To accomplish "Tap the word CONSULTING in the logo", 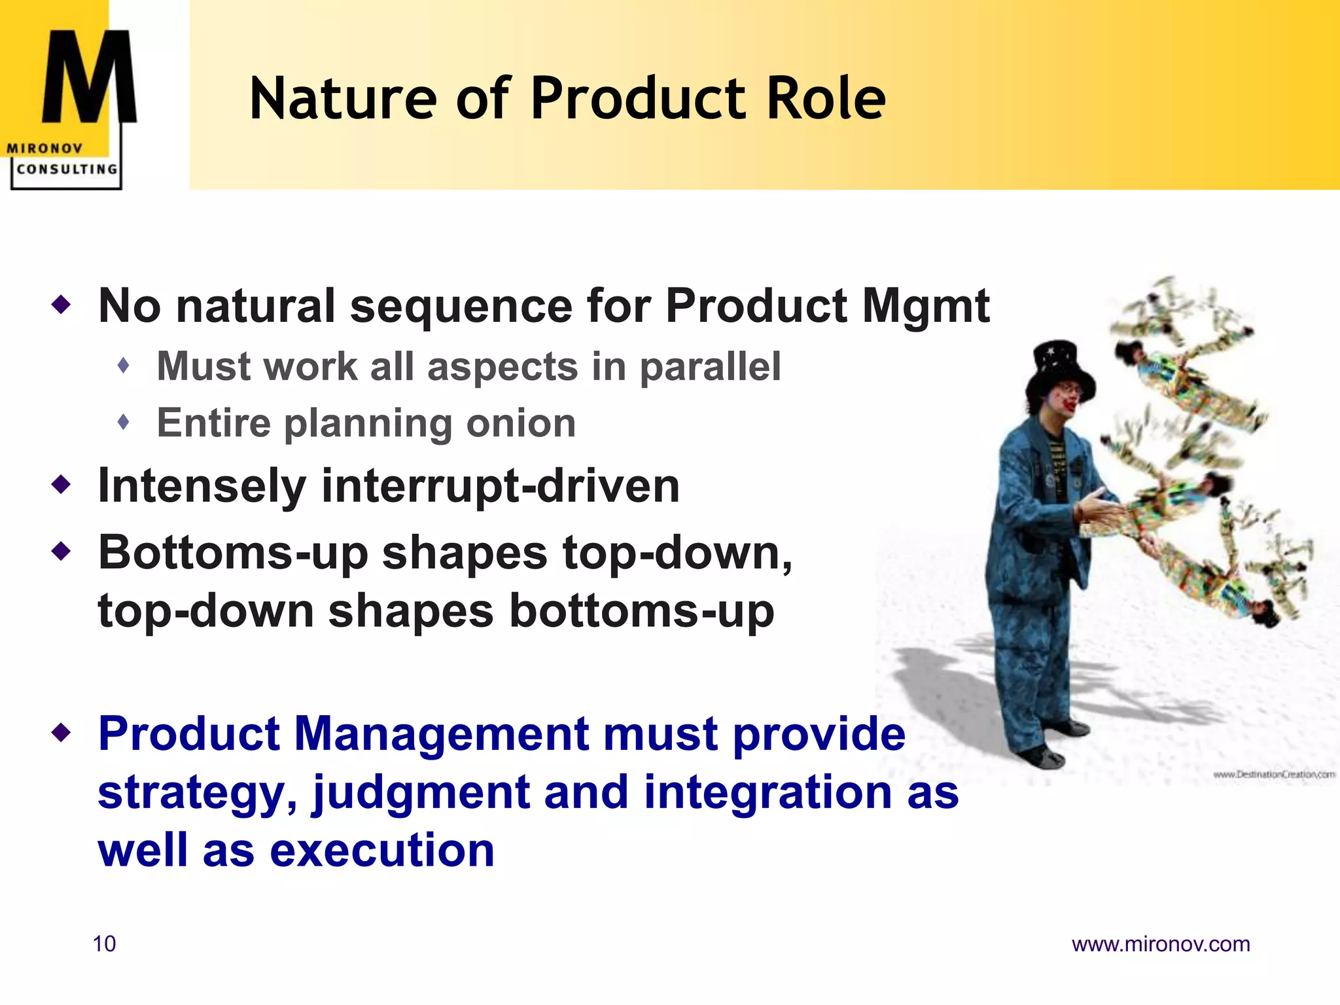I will (67, 169).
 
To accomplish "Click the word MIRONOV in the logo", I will (44, 149).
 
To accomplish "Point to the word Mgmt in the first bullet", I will (926, 306).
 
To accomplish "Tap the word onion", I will (521, 423).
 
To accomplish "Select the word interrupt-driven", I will (500, 486).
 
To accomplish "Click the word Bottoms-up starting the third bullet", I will (232, 554).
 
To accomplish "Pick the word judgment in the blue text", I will (420, 793).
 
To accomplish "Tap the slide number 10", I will (104, 943).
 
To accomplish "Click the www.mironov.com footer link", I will (1160, 943).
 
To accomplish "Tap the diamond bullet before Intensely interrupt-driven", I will (62, 485).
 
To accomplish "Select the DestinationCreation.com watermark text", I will (1273, 774).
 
